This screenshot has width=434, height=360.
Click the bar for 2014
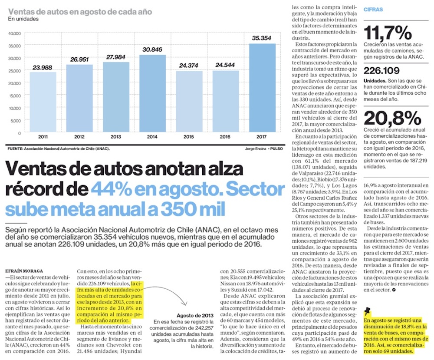(152, 93)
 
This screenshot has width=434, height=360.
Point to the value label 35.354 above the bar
(262, 38)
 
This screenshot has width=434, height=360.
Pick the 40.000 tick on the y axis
(14, 33)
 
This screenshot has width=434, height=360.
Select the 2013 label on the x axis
(115, 137)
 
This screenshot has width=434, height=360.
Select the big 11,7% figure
(388, 33)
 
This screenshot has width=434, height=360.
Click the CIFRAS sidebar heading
(373, 9)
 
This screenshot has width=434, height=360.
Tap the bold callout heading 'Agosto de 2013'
(194, 315)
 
